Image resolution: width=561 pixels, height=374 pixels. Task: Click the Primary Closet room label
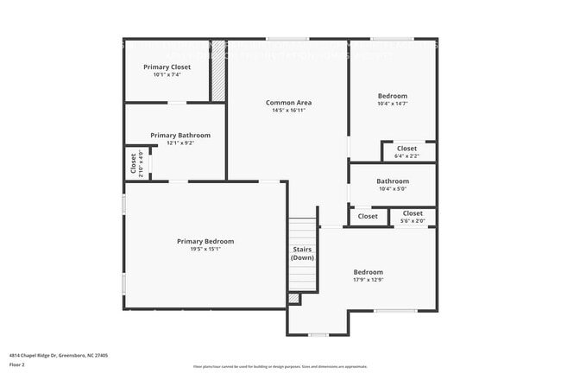click(167, 67)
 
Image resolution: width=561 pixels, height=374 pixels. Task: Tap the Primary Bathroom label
click(180, 136)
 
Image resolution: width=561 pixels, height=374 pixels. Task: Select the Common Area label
click(288, 103)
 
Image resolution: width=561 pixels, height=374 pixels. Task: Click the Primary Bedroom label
click(205, 241)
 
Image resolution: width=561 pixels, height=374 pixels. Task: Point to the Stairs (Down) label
click(302, 254)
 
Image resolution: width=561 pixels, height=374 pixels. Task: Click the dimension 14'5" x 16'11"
click(288, 111)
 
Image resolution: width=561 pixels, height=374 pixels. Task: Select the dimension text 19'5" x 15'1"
click(205, 249)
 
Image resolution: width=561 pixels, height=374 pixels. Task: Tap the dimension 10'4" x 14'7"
click(393, 104)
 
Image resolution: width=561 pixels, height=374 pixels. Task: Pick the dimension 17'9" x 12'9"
click(368, 280)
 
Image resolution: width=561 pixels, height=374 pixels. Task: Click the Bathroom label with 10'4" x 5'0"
click(393, 181)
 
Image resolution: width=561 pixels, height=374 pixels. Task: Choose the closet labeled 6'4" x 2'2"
click(407, 149)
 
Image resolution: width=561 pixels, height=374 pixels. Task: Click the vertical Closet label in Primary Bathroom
click(134, 163)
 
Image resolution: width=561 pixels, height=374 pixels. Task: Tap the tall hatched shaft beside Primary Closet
click(218, 71)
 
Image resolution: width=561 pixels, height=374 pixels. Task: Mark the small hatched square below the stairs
click(293, 299)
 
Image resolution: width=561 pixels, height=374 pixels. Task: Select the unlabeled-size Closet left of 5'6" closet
click(368, 216)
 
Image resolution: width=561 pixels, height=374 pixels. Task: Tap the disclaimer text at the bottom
click(280, 366)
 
